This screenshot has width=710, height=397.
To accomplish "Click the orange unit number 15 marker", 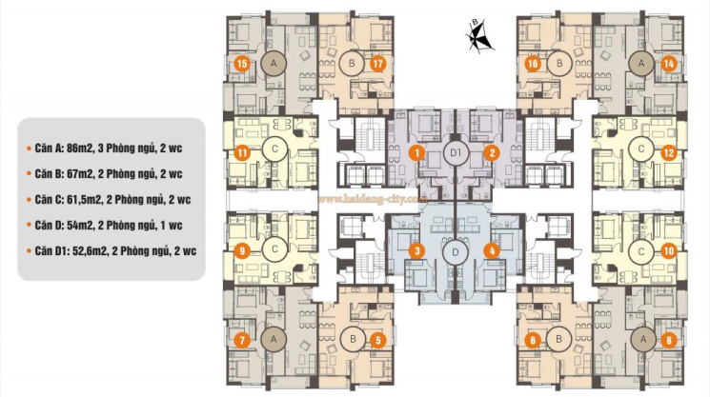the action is pos(242,64).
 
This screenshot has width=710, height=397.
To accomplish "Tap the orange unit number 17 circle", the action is pos(377,64).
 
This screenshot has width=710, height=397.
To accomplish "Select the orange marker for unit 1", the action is pos(416,153).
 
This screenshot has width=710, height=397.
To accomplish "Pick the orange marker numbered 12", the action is pos(668,153).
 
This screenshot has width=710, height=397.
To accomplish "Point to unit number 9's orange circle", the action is pos(242,250).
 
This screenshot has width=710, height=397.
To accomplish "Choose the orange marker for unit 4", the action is pos(492,251).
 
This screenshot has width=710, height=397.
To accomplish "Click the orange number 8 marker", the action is pos(669,340).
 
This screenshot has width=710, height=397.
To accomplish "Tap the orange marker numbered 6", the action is pos(533,340).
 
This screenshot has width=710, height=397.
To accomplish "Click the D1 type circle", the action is pos(456,153).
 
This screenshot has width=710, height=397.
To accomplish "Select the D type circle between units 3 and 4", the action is pos(456,252).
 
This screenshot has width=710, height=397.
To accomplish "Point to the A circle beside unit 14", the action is pos(641,64).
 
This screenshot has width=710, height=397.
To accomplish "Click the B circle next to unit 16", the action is pos(559,64).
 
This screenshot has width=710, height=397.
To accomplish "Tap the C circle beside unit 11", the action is pos(274,149).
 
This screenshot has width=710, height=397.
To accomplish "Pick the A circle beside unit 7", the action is pos(274,339).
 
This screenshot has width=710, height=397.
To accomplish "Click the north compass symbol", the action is pos(479,35).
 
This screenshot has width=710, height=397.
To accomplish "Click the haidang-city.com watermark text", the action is pos(373,198).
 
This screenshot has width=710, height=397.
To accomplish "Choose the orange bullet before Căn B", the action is pos(29,174).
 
